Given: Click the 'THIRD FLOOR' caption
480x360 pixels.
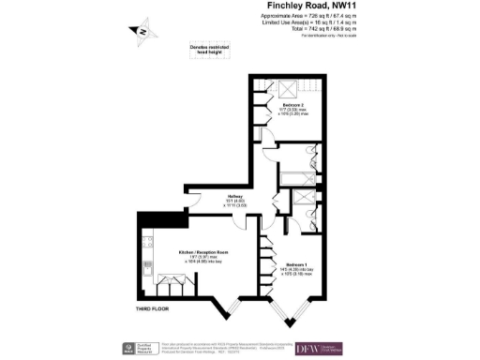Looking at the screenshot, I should point(151,307).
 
